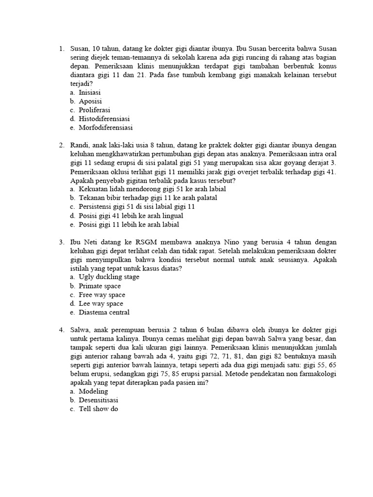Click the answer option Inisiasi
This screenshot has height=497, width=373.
point(90,92)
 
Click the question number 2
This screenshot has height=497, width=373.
point(62,146)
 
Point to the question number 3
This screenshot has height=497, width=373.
point(62,241)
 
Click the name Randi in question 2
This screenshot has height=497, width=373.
point(80,146)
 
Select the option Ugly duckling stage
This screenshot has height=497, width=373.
point(109,277)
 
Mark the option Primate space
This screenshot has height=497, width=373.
point(100,286)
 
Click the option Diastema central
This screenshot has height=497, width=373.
point(104,313)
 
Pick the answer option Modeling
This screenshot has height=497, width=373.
point(93,391)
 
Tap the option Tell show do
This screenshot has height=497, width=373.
point(98,409)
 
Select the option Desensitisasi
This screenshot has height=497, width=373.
point(99,400)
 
